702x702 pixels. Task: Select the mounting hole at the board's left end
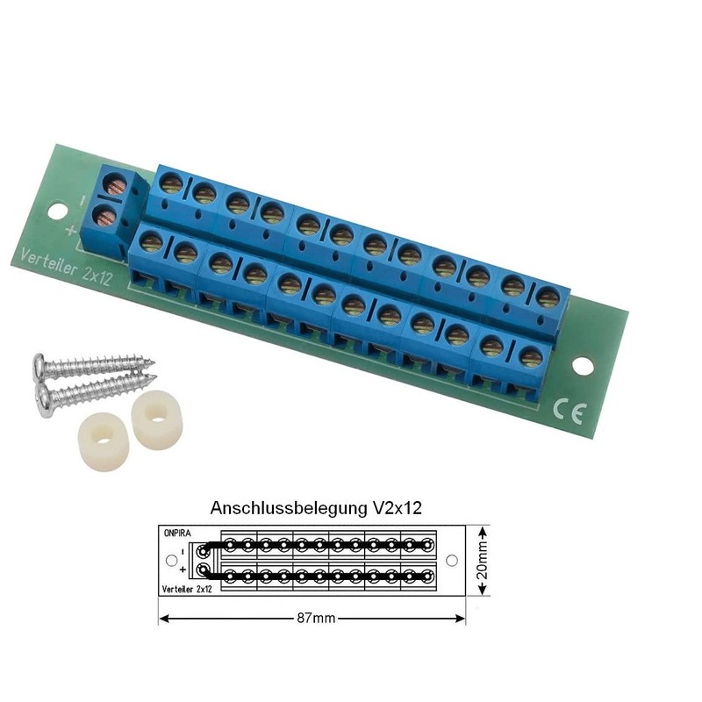[x=58, y=211]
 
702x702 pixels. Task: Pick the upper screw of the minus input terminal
[x=113, y=185]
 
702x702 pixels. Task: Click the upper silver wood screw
[x=92, y=364]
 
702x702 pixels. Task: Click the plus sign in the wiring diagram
[x=182, y=570]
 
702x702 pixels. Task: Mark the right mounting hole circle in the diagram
[x=452, y=560]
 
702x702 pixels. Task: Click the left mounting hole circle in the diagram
[x=169, y=560]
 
